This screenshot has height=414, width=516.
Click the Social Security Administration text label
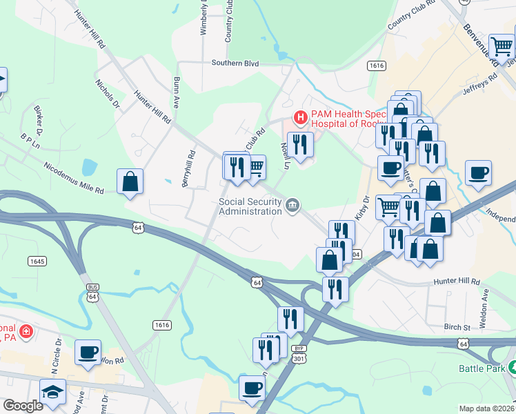pyautogui.click(x=250, y=206)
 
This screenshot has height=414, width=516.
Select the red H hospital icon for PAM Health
pyautogui.click(x=300, y=118)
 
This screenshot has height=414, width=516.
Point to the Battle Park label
pyautogui.click(x=481, y=368)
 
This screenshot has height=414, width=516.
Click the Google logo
pyautogui.click(x=23, y=406)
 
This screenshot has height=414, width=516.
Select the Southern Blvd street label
pyautogui.click(x=235, y=63)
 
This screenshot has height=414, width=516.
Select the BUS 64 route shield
pyautogui.click(x=92, y=292)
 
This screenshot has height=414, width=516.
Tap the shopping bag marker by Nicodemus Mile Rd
pyautogui.click(x=130, y=183)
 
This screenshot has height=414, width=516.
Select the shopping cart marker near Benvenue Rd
pyautogui.click(x=502, y=47)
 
